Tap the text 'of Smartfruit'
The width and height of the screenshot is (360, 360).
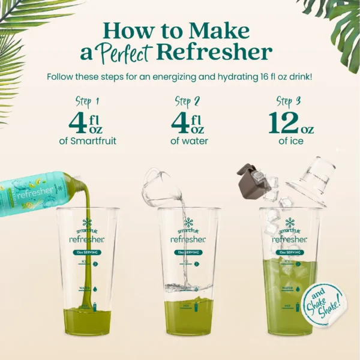[88, 142]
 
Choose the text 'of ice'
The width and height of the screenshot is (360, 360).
[292, 142]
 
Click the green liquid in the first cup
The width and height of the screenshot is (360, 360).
[88, 321]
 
